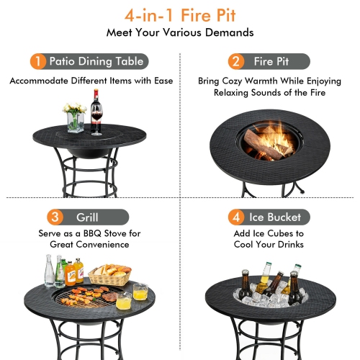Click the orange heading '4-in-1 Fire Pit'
180,14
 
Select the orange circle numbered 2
235,61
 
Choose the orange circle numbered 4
235,217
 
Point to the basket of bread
109,274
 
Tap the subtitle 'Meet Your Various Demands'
180,32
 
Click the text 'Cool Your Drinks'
269,244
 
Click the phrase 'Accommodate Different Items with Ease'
91,81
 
